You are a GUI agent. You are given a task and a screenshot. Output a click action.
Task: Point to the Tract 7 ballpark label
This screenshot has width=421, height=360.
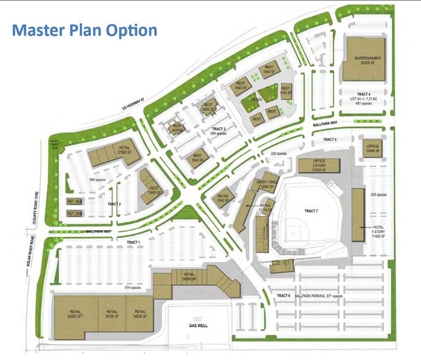coord(311,211)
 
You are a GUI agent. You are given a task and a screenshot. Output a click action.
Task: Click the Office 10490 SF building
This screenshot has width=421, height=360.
coord(373,149)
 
